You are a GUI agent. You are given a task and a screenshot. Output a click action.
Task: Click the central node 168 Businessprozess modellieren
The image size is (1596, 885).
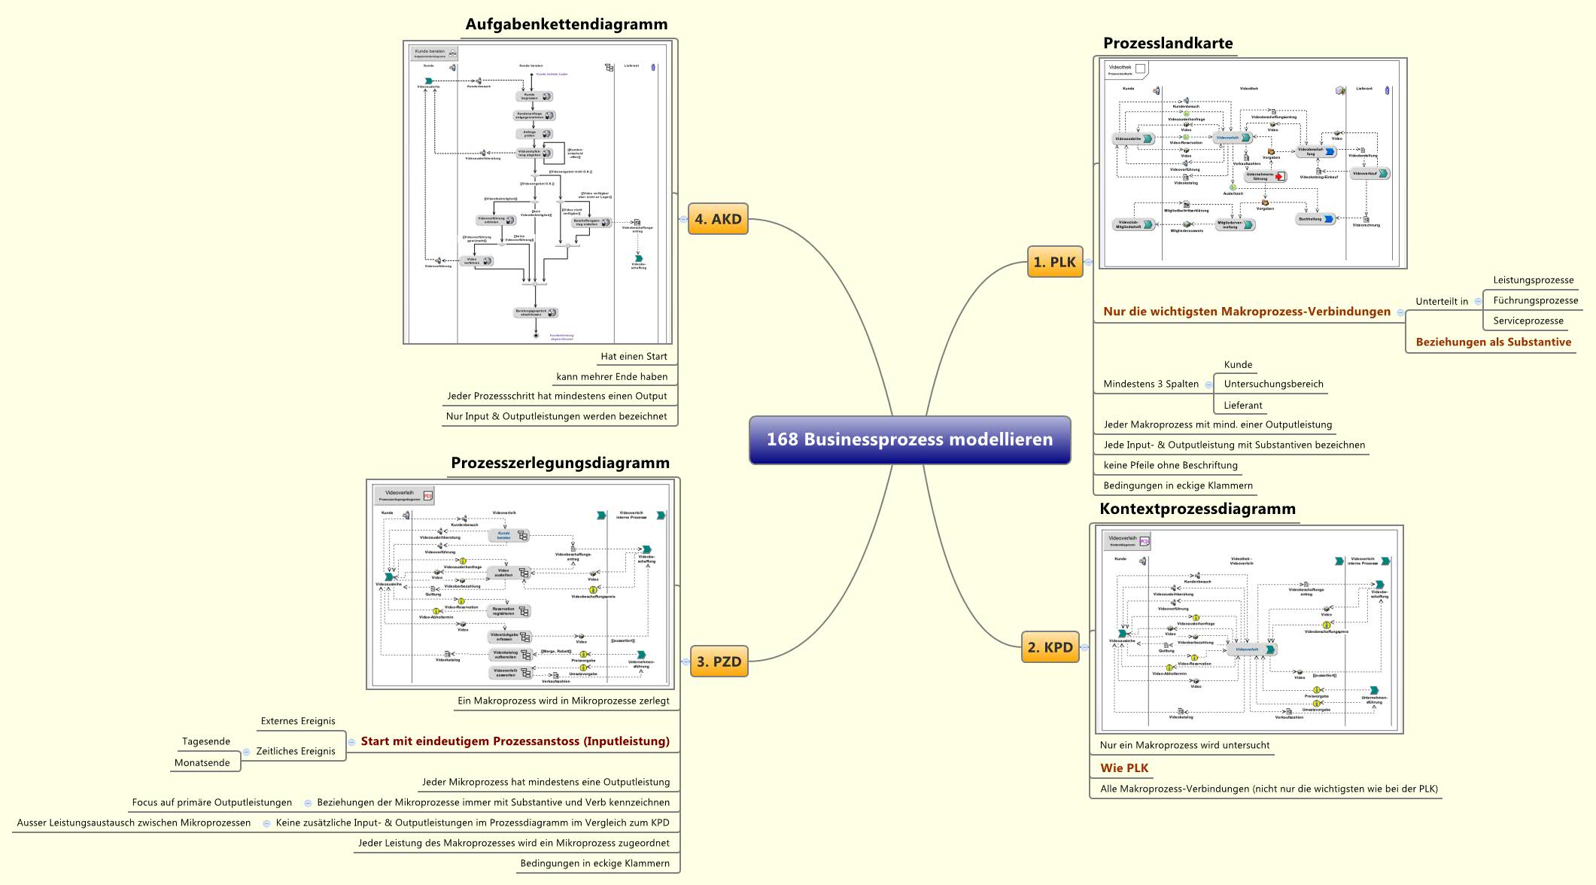click(909, 439)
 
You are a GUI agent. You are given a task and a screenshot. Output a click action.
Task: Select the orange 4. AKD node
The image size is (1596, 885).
click(718, 219)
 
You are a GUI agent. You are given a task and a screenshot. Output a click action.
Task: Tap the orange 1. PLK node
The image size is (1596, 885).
click(1054, 262)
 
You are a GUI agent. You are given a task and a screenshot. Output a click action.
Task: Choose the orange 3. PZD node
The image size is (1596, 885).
click(719, 661)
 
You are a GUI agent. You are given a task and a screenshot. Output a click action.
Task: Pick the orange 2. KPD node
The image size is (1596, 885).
click(1050, 647)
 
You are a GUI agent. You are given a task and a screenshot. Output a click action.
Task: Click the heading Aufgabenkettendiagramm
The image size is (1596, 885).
click(566, 24)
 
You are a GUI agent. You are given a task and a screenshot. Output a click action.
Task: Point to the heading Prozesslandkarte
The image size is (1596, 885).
click(1167, 43)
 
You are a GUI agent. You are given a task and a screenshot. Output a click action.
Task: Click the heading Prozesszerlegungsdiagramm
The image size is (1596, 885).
click(560, 463)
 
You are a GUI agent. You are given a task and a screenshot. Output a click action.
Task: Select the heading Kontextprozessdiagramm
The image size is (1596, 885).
click(1197, 509)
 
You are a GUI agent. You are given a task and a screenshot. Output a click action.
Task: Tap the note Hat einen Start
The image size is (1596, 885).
click(634, 356)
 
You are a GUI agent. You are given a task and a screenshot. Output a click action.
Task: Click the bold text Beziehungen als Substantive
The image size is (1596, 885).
click(1493, 342)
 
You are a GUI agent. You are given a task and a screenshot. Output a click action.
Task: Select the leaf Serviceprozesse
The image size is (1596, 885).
click(1528, 321)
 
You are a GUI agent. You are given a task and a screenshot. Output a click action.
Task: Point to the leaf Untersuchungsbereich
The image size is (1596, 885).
click(1273, 384)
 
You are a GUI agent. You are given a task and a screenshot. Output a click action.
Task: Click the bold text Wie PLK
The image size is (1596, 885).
click(1124, 768)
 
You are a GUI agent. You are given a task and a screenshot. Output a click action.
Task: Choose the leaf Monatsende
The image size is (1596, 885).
click(202, 762)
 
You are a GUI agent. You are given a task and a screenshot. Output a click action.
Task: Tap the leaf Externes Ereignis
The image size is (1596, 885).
click(298, 721)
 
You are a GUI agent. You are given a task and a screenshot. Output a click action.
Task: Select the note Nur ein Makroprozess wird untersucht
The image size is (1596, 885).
click(1184, 745)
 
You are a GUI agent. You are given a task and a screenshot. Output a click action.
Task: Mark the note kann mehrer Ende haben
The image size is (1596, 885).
click(611, 376)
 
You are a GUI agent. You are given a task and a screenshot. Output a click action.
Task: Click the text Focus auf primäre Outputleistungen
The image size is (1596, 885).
click(212, 802)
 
